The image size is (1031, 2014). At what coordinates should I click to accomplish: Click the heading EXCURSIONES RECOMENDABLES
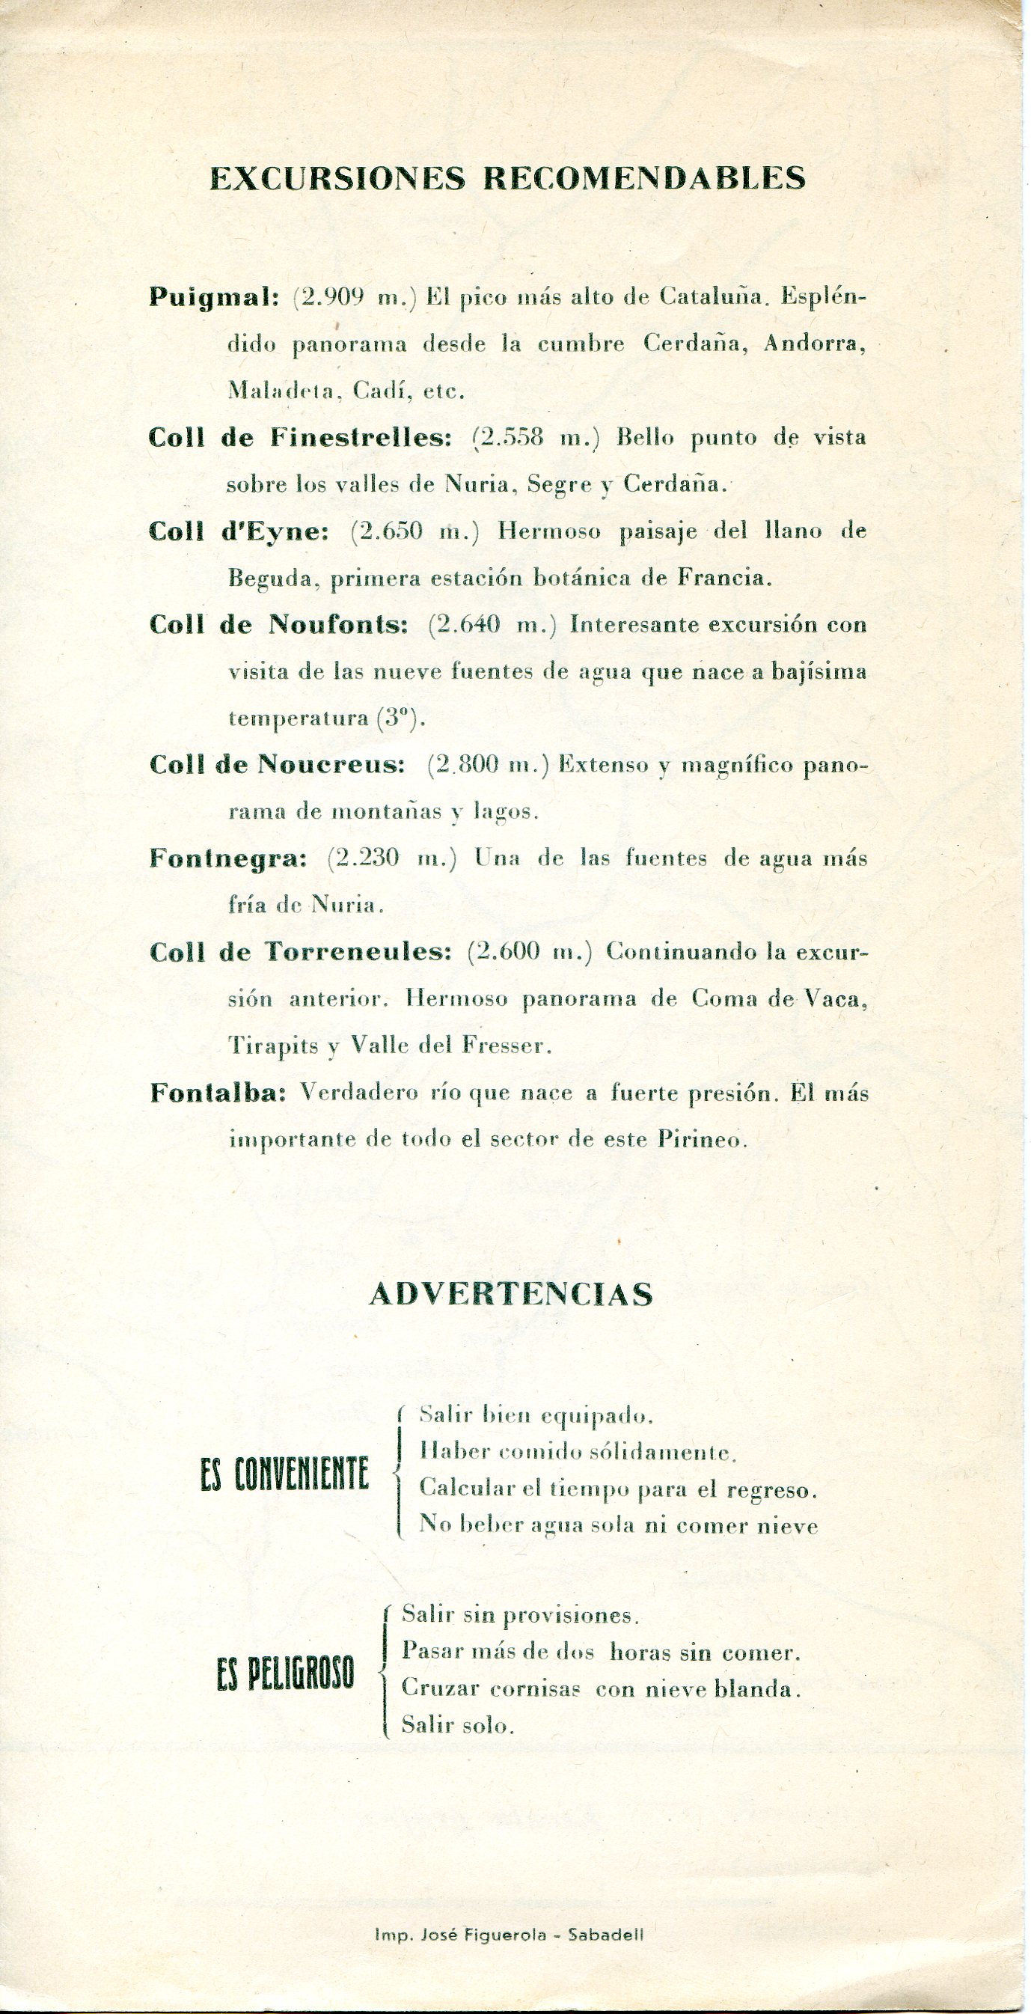click(x=507, y=179)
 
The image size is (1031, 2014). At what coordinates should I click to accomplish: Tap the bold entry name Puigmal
click(x=213, y=298)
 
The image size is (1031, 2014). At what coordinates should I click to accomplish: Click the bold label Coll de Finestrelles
click(x=301, y=438)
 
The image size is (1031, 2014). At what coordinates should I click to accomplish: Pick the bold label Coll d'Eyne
click(x=239, y=531)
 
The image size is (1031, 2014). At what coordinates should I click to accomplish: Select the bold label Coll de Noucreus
click(x=277, y=765)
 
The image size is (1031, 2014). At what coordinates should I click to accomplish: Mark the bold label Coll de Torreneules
click(x=301, y=952)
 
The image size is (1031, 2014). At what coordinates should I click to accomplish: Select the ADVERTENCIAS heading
click(x=510, y=1295)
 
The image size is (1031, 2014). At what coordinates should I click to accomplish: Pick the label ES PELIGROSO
click(x=285, y=1676)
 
